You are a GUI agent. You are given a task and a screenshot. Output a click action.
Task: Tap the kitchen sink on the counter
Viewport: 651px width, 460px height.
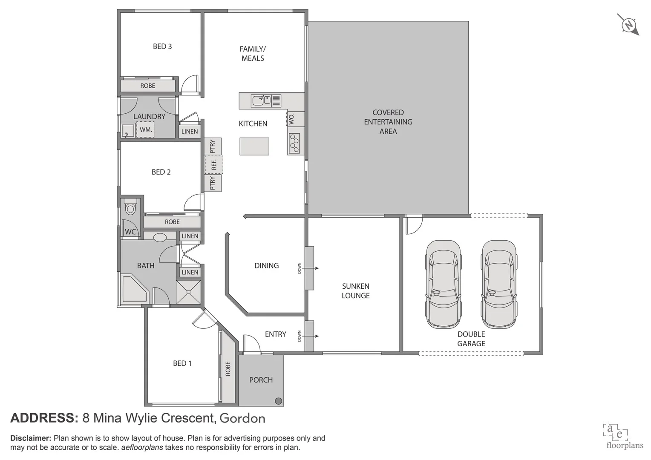pos(261,101)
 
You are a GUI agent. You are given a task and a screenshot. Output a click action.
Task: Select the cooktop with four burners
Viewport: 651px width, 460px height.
pos(294,144)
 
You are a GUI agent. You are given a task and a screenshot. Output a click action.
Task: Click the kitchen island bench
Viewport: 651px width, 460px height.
pos(254,146)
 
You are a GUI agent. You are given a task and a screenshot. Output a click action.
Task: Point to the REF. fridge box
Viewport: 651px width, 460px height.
pos(214,165)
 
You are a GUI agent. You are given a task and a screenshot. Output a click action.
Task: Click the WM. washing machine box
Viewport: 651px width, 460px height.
pos(145,129)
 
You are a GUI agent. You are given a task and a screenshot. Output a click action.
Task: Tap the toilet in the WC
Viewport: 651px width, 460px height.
pos(130,207)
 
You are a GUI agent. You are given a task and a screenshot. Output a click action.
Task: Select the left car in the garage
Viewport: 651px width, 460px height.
pos(443,284)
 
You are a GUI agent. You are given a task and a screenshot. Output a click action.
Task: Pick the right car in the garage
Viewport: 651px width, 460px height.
pos(499,284)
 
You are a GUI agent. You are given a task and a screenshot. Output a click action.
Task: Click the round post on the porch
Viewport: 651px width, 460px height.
pos(278,400)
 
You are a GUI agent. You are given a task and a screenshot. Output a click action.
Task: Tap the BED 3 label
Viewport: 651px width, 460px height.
pos(162,46)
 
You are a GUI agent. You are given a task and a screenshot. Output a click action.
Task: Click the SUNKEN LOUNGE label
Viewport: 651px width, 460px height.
pos(355,291)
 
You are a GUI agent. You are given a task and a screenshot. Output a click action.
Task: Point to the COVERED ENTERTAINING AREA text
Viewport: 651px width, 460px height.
pos(388,122)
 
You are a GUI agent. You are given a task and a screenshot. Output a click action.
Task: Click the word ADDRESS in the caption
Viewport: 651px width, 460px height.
pos(44,418)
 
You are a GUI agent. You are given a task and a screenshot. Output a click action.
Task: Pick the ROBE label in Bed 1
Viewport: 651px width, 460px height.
pos(228,368)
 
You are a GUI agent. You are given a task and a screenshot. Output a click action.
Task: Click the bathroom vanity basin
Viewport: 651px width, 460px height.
pos(160,237)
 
